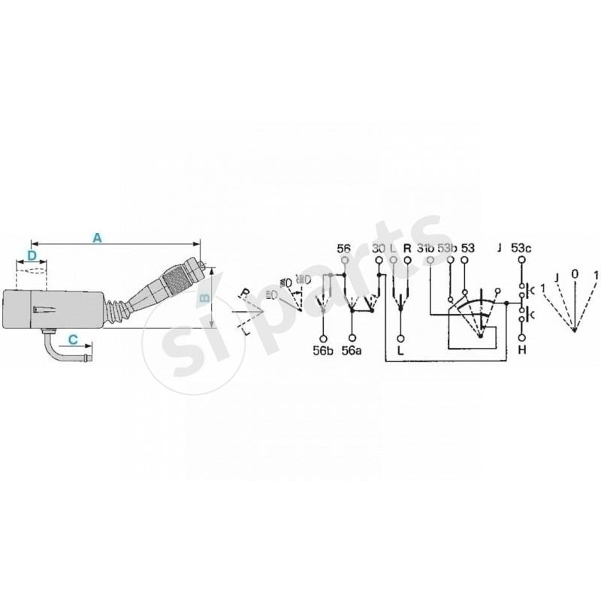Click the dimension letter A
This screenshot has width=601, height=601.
pos(96,237)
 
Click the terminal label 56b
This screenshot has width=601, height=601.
pos(323,349)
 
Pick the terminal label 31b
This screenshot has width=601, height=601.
pos(426,247)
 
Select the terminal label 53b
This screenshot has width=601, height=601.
pos(448,247)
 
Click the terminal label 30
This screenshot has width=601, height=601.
pos(378,247)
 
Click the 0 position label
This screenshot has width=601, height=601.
pos(575,275)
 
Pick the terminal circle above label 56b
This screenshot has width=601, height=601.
pos(323,336)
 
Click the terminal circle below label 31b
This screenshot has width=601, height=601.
pos(430,261)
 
